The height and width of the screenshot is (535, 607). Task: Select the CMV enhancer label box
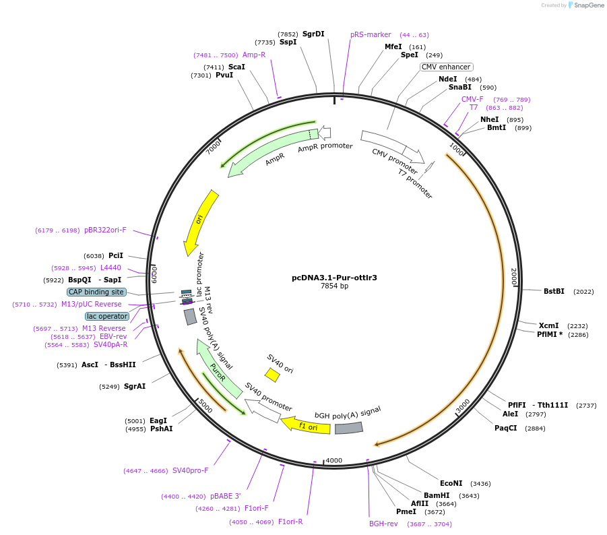tap(446, 67)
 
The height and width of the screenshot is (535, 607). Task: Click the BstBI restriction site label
tap(554, 291)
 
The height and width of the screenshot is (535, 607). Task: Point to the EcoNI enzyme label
tap(451, 483)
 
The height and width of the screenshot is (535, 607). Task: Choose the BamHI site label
tap(437, 495)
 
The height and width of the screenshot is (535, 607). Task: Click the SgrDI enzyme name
tap(313, 34)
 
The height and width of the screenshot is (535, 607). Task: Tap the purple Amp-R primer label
tap(254, 55)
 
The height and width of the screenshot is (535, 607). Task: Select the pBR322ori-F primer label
tap(105, 230)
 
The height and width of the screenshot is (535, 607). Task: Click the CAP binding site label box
tap(96, 292)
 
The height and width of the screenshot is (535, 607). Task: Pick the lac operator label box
tap(107, 316)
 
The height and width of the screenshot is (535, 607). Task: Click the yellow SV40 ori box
tap(272, 375)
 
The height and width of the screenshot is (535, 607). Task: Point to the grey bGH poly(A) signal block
tap(349, 428)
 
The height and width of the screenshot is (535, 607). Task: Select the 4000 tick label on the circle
tap(334, 461)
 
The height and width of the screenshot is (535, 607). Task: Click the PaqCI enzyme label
tap(506, 428)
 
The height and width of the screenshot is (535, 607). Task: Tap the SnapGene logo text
tap(588, 5)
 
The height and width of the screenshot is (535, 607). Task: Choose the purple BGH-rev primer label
tap(383, 524)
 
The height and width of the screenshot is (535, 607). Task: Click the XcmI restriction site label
tap(548, 325)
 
